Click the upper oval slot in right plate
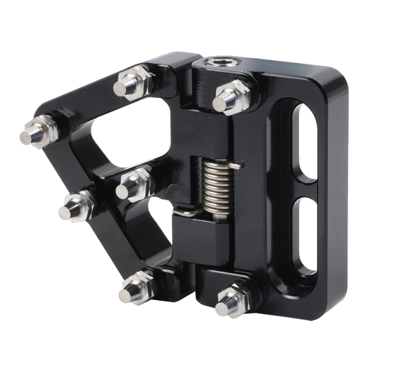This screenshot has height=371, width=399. [x=306, y=142]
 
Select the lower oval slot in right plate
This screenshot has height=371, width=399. [x=306, y=236]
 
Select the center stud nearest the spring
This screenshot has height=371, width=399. [x=128, y=187]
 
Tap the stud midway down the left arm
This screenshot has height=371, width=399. [x=71, y=208]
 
